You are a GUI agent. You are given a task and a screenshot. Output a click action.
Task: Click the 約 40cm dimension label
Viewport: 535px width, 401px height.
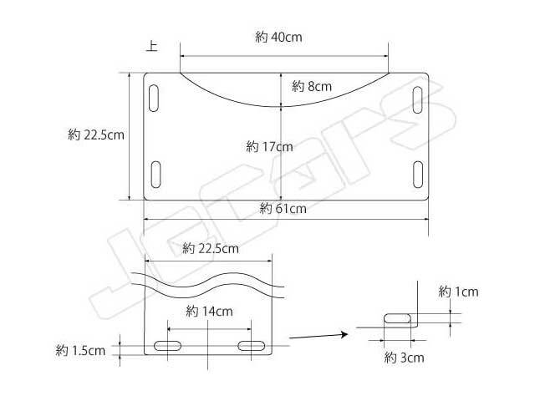point(278,37)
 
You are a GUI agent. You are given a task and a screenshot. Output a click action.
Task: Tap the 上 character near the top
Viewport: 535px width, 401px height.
point(152,46)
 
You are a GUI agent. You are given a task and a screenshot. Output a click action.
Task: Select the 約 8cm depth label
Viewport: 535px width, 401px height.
point(312,86)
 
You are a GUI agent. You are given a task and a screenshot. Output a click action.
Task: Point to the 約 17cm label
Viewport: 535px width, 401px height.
point(269,147)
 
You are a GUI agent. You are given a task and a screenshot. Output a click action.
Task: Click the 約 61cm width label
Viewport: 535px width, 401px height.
point(283,208)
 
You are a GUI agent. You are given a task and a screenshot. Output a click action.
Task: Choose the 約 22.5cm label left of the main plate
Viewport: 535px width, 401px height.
point(96,135)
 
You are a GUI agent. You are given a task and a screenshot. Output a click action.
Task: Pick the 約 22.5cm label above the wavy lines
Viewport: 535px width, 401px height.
point(210,248)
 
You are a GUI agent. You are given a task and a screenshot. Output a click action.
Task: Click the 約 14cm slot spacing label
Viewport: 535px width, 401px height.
point(209,311)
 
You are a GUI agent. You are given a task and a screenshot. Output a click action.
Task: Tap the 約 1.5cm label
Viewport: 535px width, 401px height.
point(80,350)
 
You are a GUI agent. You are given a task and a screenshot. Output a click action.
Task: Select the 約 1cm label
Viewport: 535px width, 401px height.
point(458,292)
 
